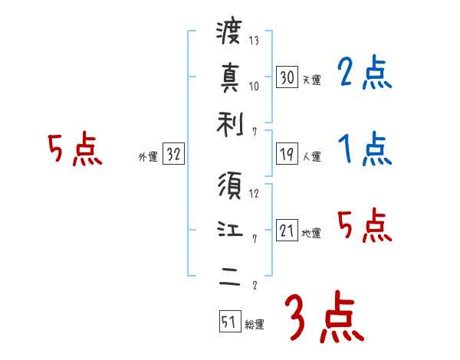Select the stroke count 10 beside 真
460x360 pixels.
[254, 85]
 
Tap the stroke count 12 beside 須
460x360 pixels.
[254, 194]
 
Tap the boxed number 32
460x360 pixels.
[172, 155]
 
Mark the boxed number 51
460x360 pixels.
[228, 322]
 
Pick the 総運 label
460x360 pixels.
[255, 325]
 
